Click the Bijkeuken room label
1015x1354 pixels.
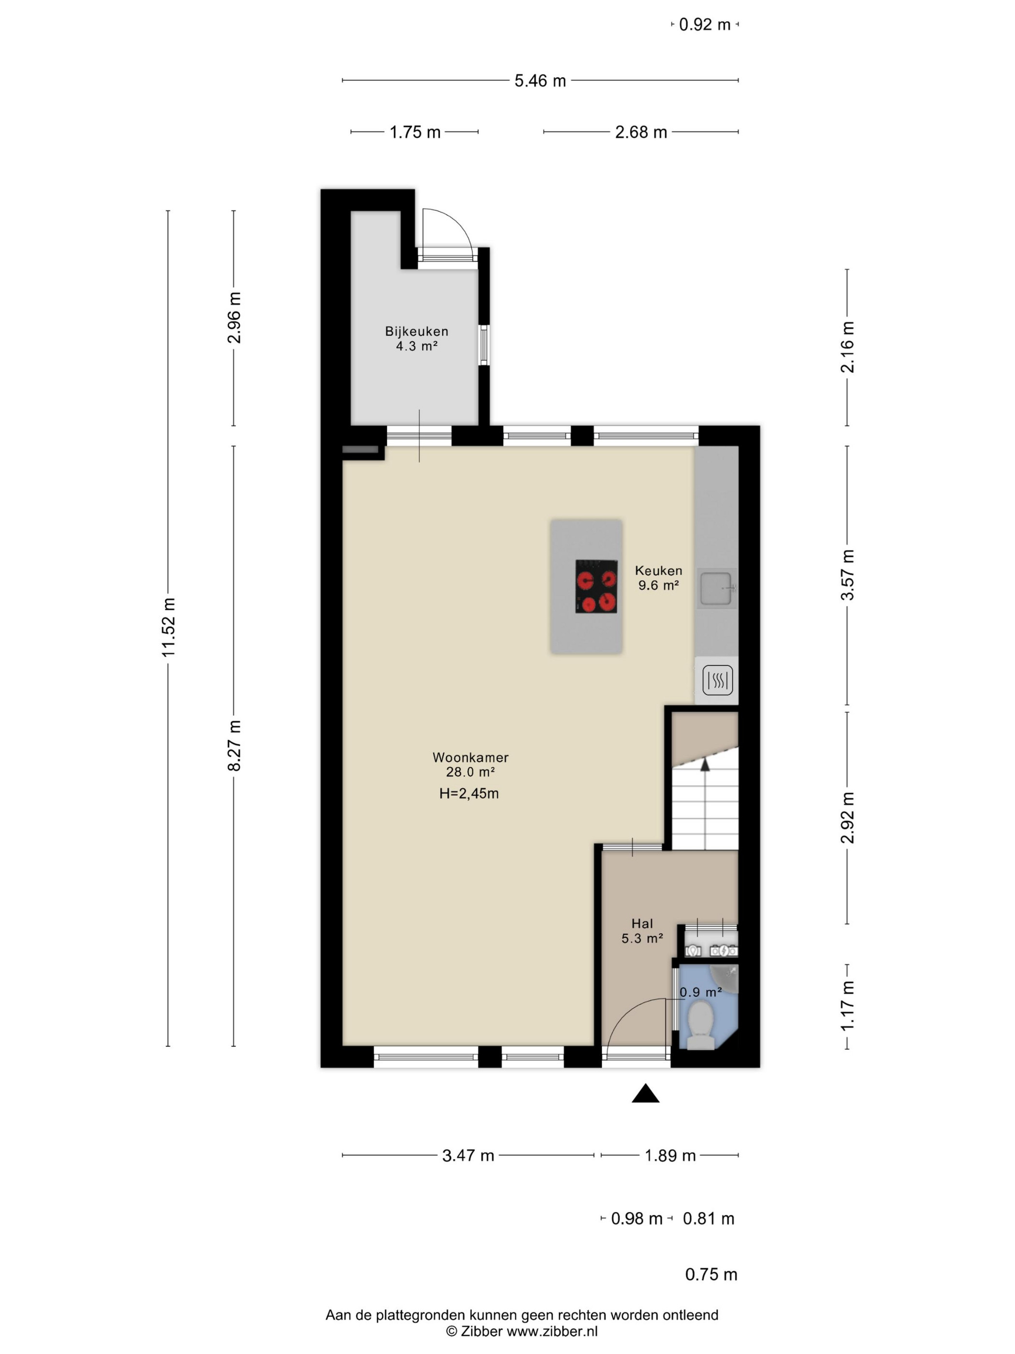coord(416,331)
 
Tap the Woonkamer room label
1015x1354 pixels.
coord(470,757)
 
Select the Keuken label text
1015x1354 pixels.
coord(658,571)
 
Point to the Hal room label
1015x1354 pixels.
coord(642,924)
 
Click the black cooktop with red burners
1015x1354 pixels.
coord(596,587)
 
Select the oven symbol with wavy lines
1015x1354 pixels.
coord(717,680)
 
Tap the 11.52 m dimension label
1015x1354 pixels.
coord(169,627)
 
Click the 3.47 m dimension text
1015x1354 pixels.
coord(468,1156)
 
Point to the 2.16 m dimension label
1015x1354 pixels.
coord(847,347)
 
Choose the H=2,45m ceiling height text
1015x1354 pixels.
coord(469,794)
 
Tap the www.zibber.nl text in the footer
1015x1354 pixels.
coord(552,1331)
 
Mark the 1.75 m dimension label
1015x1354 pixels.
coord(415,132)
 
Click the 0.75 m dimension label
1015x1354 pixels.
coord(711,1274)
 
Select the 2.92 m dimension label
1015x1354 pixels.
coord(847,817)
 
